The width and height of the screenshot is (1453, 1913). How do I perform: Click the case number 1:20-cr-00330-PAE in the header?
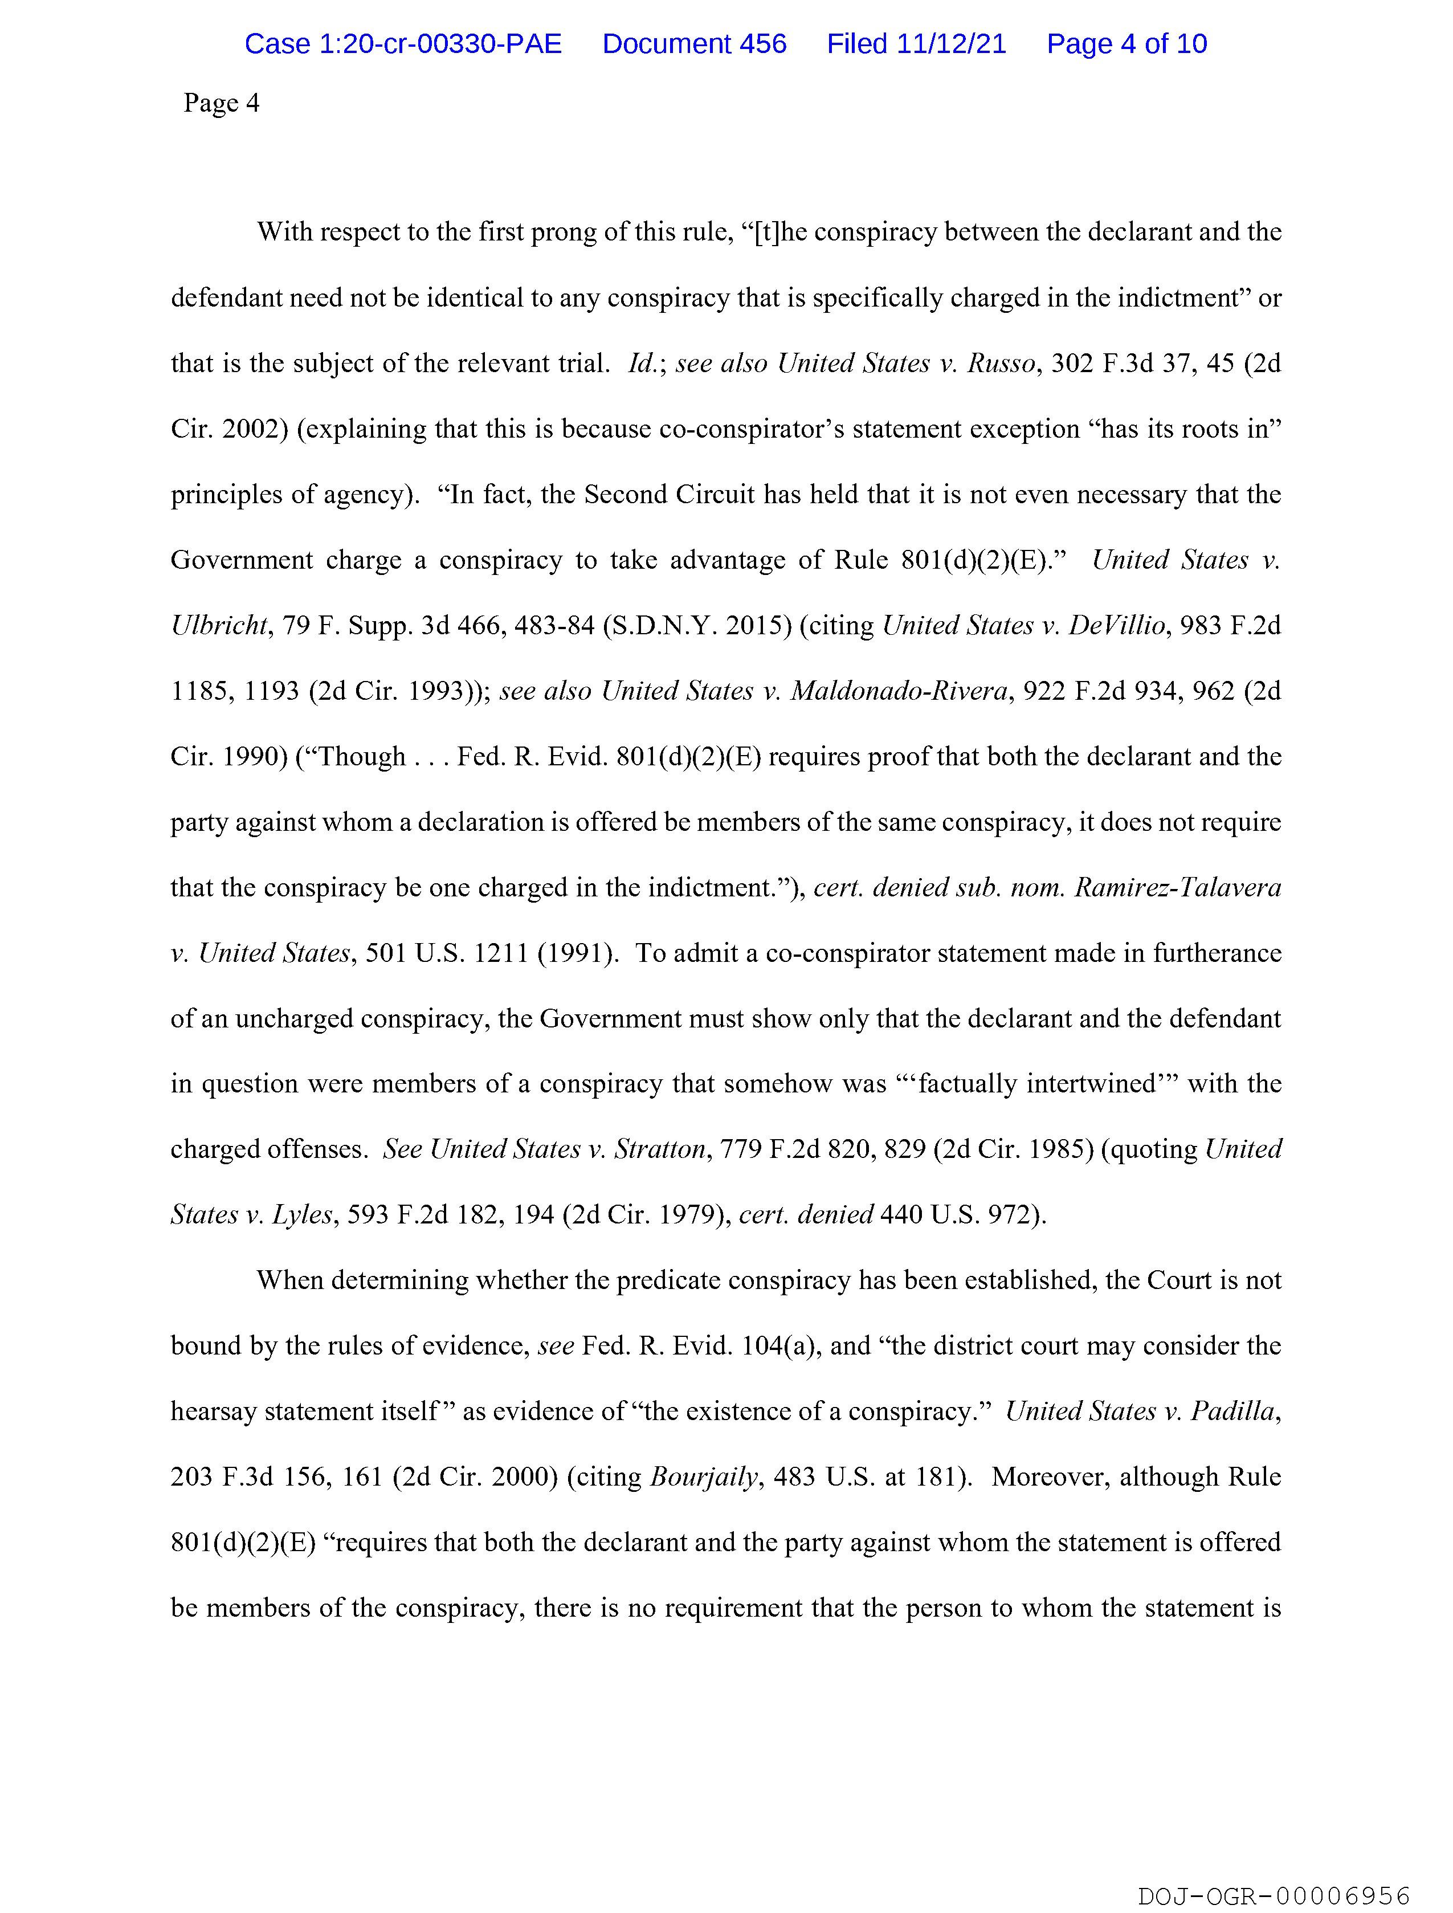click(403, 44)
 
